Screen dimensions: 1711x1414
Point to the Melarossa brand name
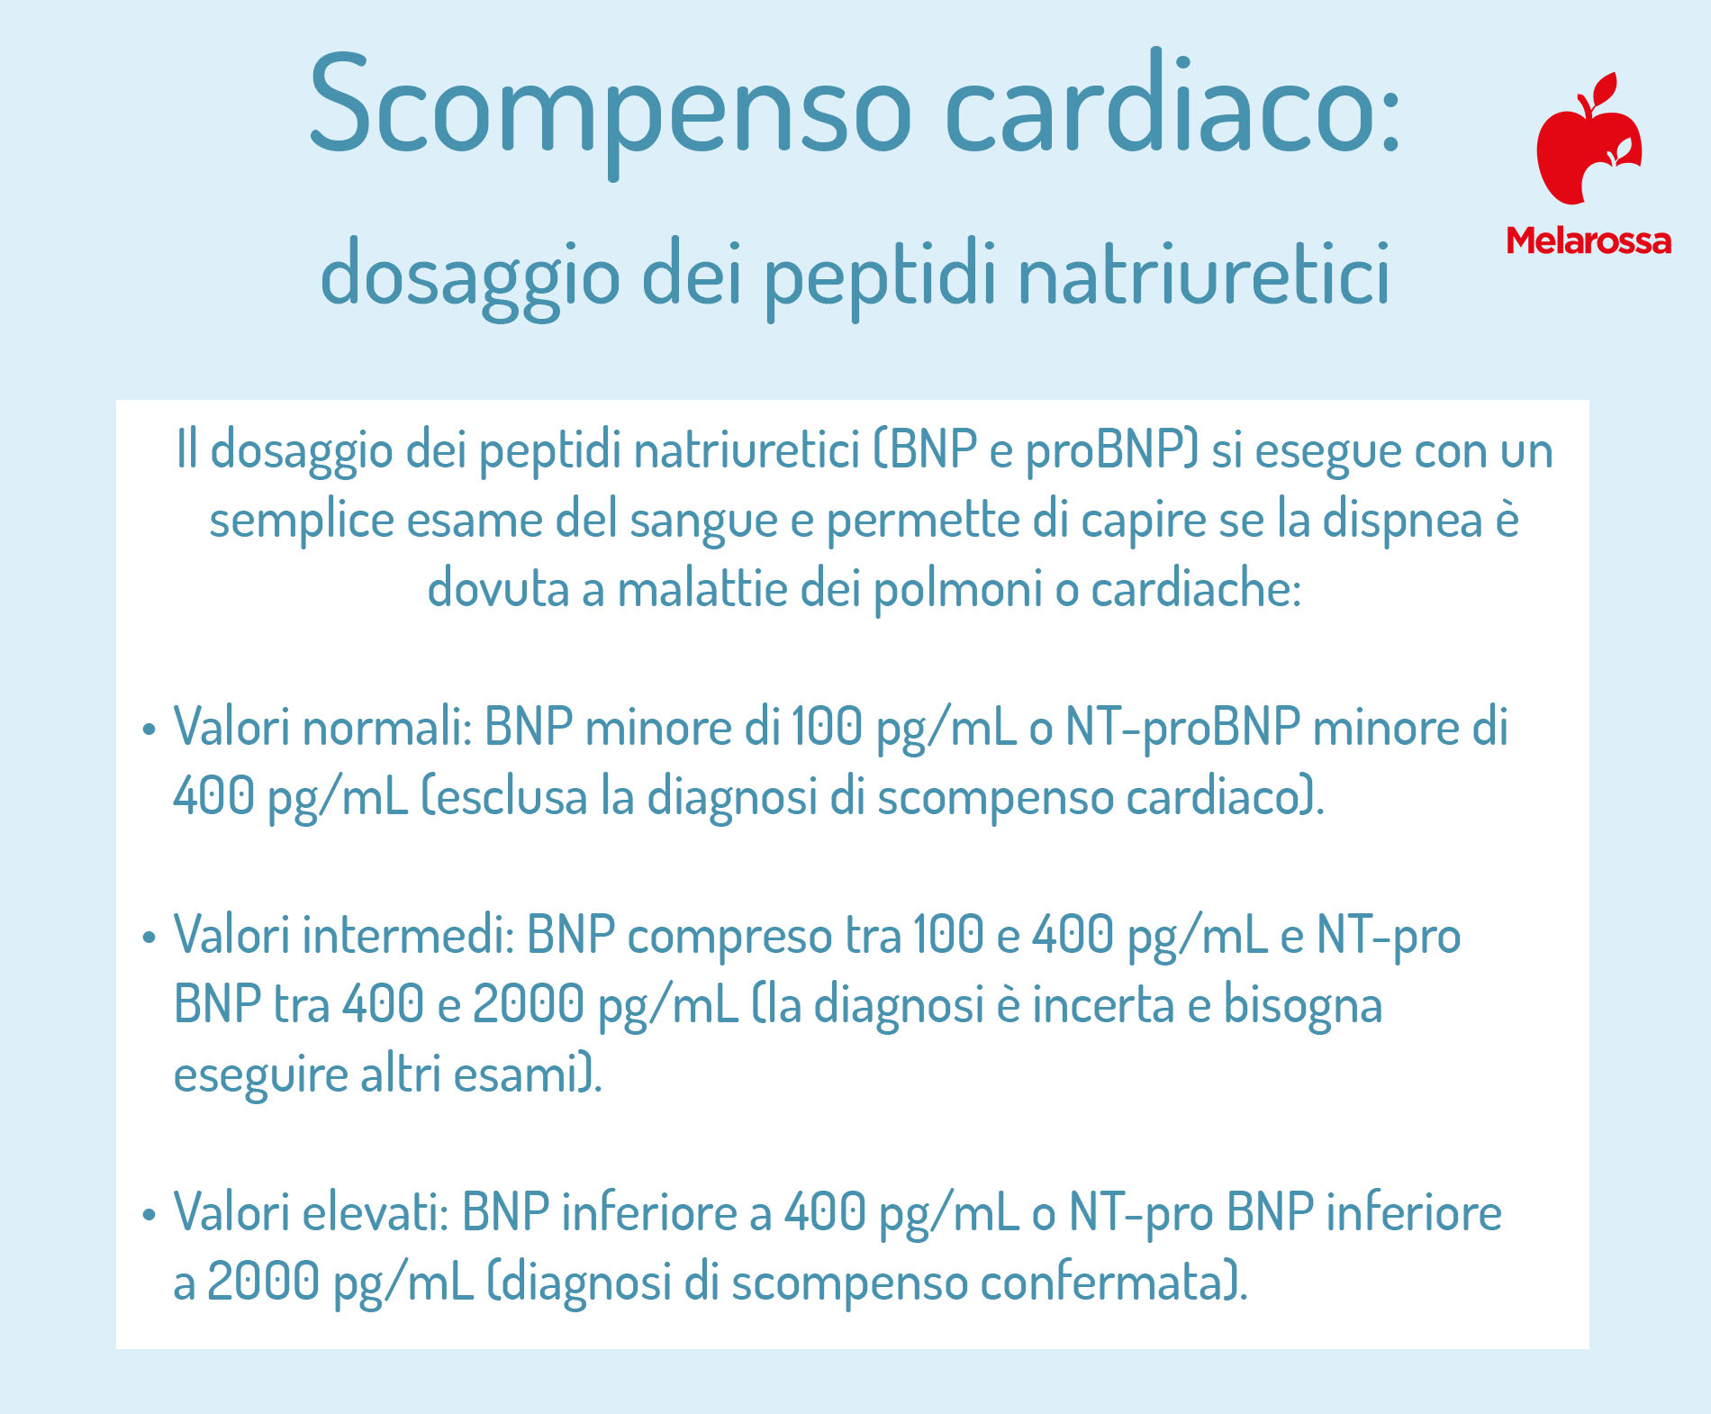pyautogui.click(x=1589, y=240)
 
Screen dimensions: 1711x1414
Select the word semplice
pyautogui.click(x=302, y=520)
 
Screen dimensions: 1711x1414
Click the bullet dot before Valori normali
pyautogui.click(x=149, y=730)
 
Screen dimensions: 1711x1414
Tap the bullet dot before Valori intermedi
pyautogui.click(x=149, y=938)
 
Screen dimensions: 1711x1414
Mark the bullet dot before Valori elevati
pyautogui.click(x=149, y=1215)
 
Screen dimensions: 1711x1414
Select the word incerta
pyautogui.click(x=1103, y=1005)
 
